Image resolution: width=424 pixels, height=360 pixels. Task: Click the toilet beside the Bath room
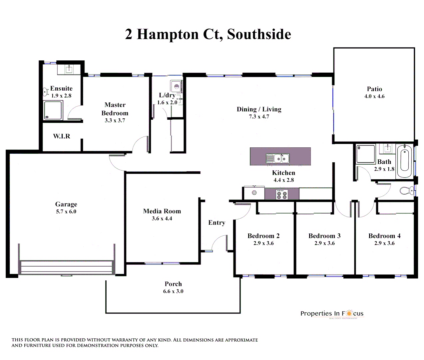pyautogui.click(x=406, y=191)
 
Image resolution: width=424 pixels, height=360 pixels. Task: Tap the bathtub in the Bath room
pyautogui.click(x=405, y=161)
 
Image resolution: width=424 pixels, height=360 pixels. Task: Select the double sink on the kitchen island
pyautogui.click(x=277, y=158)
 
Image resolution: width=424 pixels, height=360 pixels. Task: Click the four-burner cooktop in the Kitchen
pyautogui.click(x=282, y=194)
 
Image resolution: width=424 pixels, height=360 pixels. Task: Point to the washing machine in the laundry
pyautogui.click(x=177, y=87)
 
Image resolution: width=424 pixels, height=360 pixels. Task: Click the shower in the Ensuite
pyautogui.click(x=53, y=110)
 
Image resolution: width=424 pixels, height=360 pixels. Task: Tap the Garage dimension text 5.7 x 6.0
pyautogui.click(x=66, y=212)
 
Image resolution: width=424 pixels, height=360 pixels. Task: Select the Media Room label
pyautogui.click(x=162, y=211)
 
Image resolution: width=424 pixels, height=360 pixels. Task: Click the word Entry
pyautogui.click(x=216, y=223)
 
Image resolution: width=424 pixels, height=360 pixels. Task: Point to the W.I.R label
pyautogui.click(x=62, y=136)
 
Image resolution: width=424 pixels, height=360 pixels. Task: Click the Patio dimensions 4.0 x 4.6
pyautogui.click(x=374, y=96)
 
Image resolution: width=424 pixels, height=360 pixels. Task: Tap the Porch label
pyautogui.click(x=173, y=284)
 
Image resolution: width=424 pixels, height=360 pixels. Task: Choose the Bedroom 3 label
pyautogui.click(x=324, y=236)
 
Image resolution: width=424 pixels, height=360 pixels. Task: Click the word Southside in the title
pyautogui.click(x=259, y=34)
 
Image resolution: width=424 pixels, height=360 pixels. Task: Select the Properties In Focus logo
pyautogui.click(x=332, y=314)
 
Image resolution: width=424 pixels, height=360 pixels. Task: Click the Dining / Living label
pyautogui.click(x=259, y=109)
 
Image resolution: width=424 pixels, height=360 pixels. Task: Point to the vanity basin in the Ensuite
pyautogui.click(x=69, y=69)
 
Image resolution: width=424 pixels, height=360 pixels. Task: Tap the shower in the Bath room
pyautogui.click(x=366, y=154)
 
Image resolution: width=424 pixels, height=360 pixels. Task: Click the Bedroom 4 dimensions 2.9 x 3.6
pyautogui.click(x=384, y=243)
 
